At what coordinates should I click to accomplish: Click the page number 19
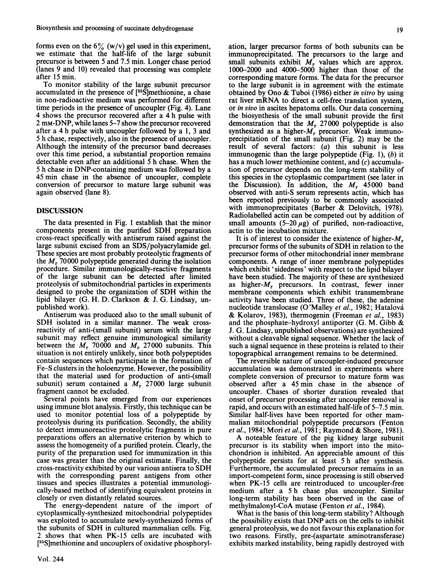pyautogui.click(x=399, y=30)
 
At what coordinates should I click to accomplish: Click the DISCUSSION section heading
pyautogui.click(x=60, y=211)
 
